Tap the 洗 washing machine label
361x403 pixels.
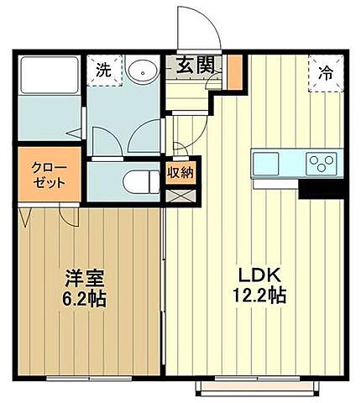click(102, 69)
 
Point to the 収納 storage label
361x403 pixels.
click(180, 174)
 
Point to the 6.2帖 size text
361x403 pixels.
click(82, 297)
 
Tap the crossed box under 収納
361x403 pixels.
click(180, 196)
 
